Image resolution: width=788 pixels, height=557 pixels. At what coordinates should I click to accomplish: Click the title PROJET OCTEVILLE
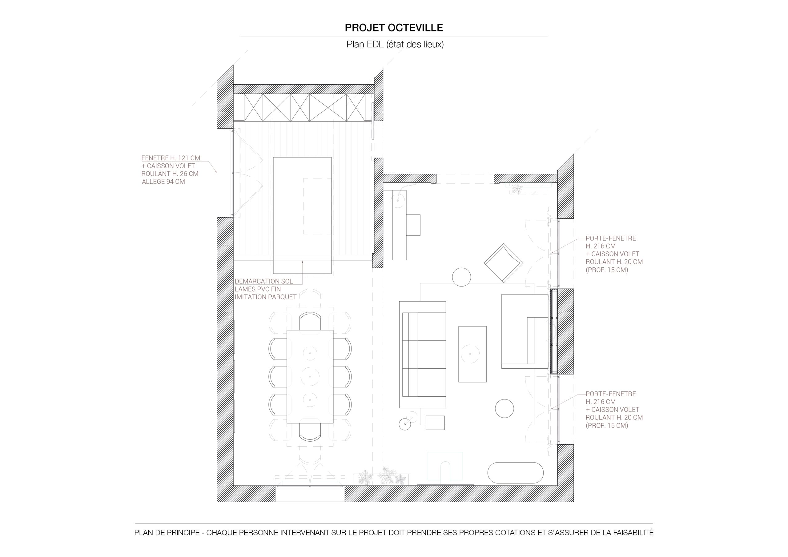pos(394,28)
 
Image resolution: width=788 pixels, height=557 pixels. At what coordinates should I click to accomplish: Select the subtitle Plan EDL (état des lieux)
pos(395,44)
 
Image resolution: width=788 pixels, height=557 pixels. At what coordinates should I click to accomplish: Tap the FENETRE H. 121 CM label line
pos(171,158)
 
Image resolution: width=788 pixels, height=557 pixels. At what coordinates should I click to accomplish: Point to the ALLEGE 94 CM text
pos(163,182)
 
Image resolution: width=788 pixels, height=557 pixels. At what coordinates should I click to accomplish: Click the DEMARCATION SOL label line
pos(263,281)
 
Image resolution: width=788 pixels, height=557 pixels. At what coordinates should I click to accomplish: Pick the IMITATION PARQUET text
pos(266,297)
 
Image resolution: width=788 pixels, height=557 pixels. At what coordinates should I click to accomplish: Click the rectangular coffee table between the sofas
pos(472,354)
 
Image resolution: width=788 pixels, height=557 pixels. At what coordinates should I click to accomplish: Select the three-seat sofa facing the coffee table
pos(423,355)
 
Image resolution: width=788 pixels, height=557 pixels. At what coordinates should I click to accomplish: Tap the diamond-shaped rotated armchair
pos(504,263)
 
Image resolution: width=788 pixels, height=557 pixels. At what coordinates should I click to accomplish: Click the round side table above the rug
pos(461,277)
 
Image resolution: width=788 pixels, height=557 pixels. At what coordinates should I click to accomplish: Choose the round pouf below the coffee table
pos(504,408)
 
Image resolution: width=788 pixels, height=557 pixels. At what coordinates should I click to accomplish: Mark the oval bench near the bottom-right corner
pos(516,473)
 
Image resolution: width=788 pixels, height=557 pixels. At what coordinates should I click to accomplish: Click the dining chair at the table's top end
pos(310,321)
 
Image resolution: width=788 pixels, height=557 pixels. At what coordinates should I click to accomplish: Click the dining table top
pos(310,376)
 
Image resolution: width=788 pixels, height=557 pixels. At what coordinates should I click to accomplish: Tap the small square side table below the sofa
pos(435,423)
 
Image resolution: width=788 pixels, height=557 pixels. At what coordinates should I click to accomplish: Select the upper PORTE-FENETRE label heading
pos(611,238)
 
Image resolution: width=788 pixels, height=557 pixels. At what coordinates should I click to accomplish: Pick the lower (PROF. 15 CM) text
pos(607,426)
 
